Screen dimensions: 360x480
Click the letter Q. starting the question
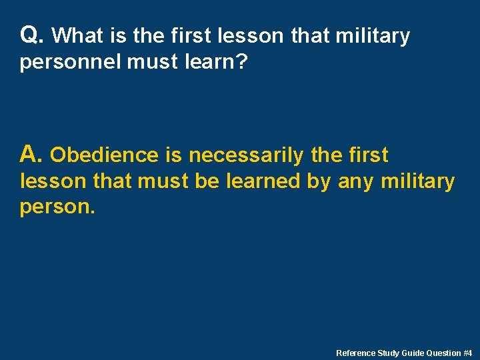click(x=32, y=35)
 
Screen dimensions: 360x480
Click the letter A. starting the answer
click(x=32, y=155)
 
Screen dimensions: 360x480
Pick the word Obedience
click(x=104, y=155)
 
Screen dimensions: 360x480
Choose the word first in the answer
click(x=368, y=155)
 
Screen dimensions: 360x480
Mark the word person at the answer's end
click(x=57, y=207)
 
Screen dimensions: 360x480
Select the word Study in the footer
click(x=389, y=353)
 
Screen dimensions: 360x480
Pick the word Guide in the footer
click(x=413, y=353)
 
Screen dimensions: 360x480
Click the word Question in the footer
click(x=444, y=353)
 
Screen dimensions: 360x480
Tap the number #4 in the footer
click(x=468, y=353)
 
